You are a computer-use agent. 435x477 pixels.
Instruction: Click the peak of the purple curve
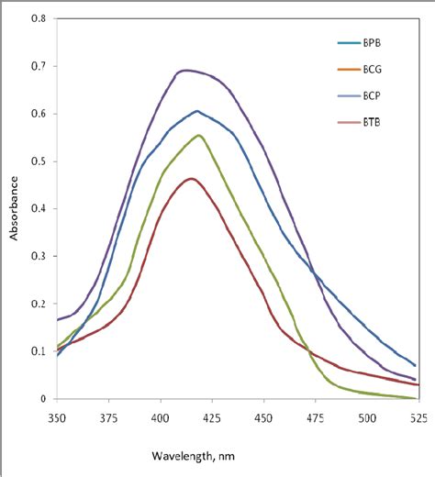188,70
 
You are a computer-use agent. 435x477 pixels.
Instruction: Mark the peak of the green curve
198,136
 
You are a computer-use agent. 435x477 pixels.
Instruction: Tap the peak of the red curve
192,179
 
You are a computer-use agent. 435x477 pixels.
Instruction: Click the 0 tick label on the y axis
41,399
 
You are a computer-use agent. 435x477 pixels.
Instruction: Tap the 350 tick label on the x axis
57,416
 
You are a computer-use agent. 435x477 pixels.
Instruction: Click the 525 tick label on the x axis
418,416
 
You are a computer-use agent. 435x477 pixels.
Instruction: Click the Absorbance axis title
14,209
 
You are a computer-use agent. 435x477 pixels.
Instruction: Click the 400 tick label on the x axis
161,416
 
